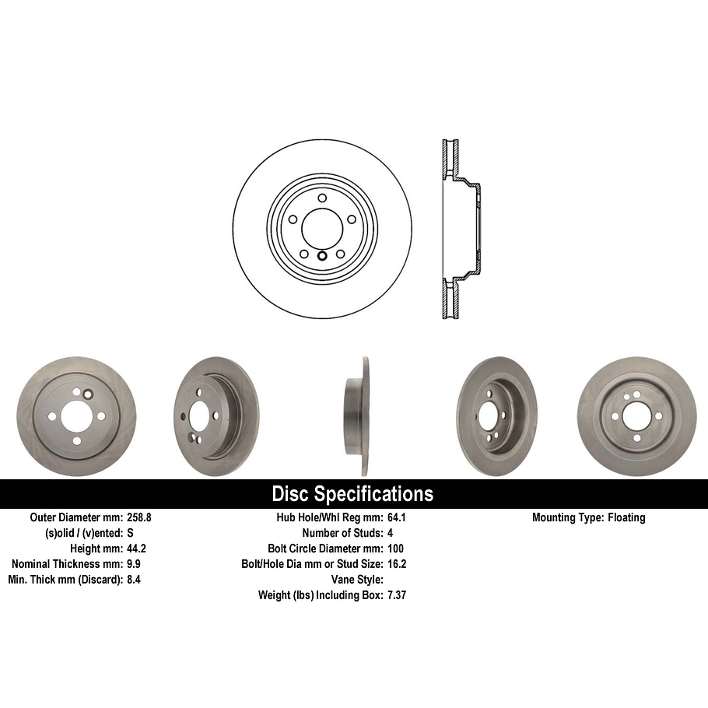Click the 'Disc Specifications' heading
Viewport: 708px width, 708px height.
[352, 494]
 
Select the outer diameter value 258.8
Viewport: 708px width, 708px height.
[140, 517]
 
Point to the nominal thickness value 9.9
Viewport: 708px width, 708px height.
[134, 564]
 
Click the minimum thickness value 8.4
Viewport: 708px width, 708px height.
[134, 580]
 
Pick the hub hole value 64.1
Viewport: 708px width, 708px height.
[397, 517]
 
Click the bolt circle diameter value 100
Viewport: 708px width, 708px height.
[396, 549]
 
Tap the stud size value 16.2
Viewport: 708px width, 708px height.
[397, 564]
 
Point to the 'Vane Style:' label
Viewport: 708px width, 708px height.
[356, 580]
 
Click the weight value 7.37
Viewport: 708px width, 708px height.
[398, 595]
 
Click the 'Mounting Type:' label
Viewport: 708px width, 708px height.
[566, 517]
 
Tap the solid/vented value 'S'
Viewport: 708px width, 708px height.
[130, 533]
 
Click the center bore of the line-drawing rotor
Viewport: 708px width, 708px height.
[321, 227]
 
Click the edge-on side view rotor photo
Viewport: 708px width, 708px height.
[358, 416]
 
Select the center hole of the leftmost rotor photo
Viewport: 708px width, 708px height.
[76, 416]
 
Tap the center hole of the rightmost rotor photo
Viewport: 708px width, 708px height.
[636, 415]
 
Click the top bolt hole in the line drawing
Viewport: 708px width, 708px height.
[321, 198]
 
